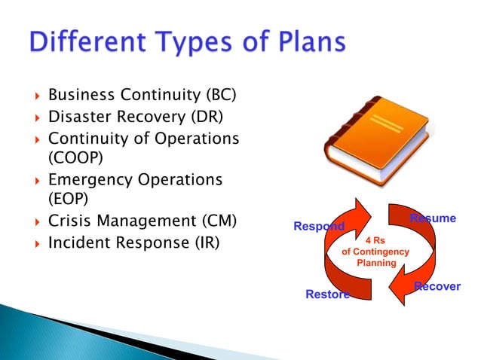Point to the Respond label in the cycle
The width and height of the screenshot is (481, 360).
pyautogui.click(x=318, y=227)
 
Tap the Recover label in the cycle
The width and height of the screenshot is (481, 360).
pyautogui.click(x=437, y=287)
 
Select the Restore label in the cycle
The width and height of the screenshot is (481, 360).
pyautogui.click(x=327, y=294)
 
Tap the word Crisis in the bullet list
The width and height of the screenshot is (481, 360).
pyautogui.click(x=69, y=222)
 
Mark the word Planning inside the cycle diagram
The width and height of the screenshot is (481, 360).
pyautogui.click(x=376, y=263)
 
